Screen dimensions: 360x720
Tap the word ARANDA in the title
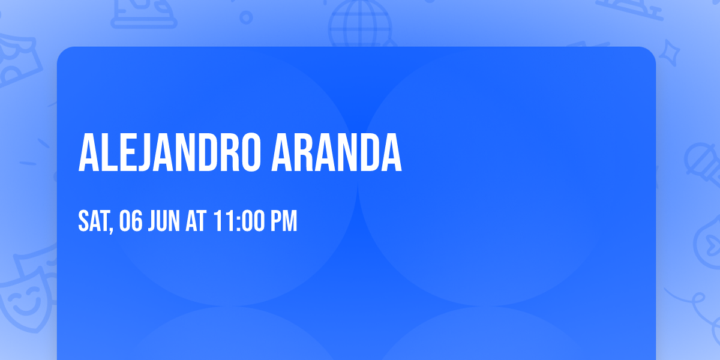point(337,154)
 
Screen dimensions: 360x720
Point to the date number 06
point(132,221)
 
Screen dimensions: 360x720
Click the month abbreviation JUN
point(165,221)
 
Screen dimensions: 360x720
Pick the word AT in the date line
point(197,221)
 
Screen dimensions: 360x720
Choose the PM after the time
point(283,221)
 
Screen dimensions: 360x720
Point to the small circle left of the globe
point(246,17)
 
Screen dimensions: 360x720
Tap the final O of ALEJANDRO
point(250,154)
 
